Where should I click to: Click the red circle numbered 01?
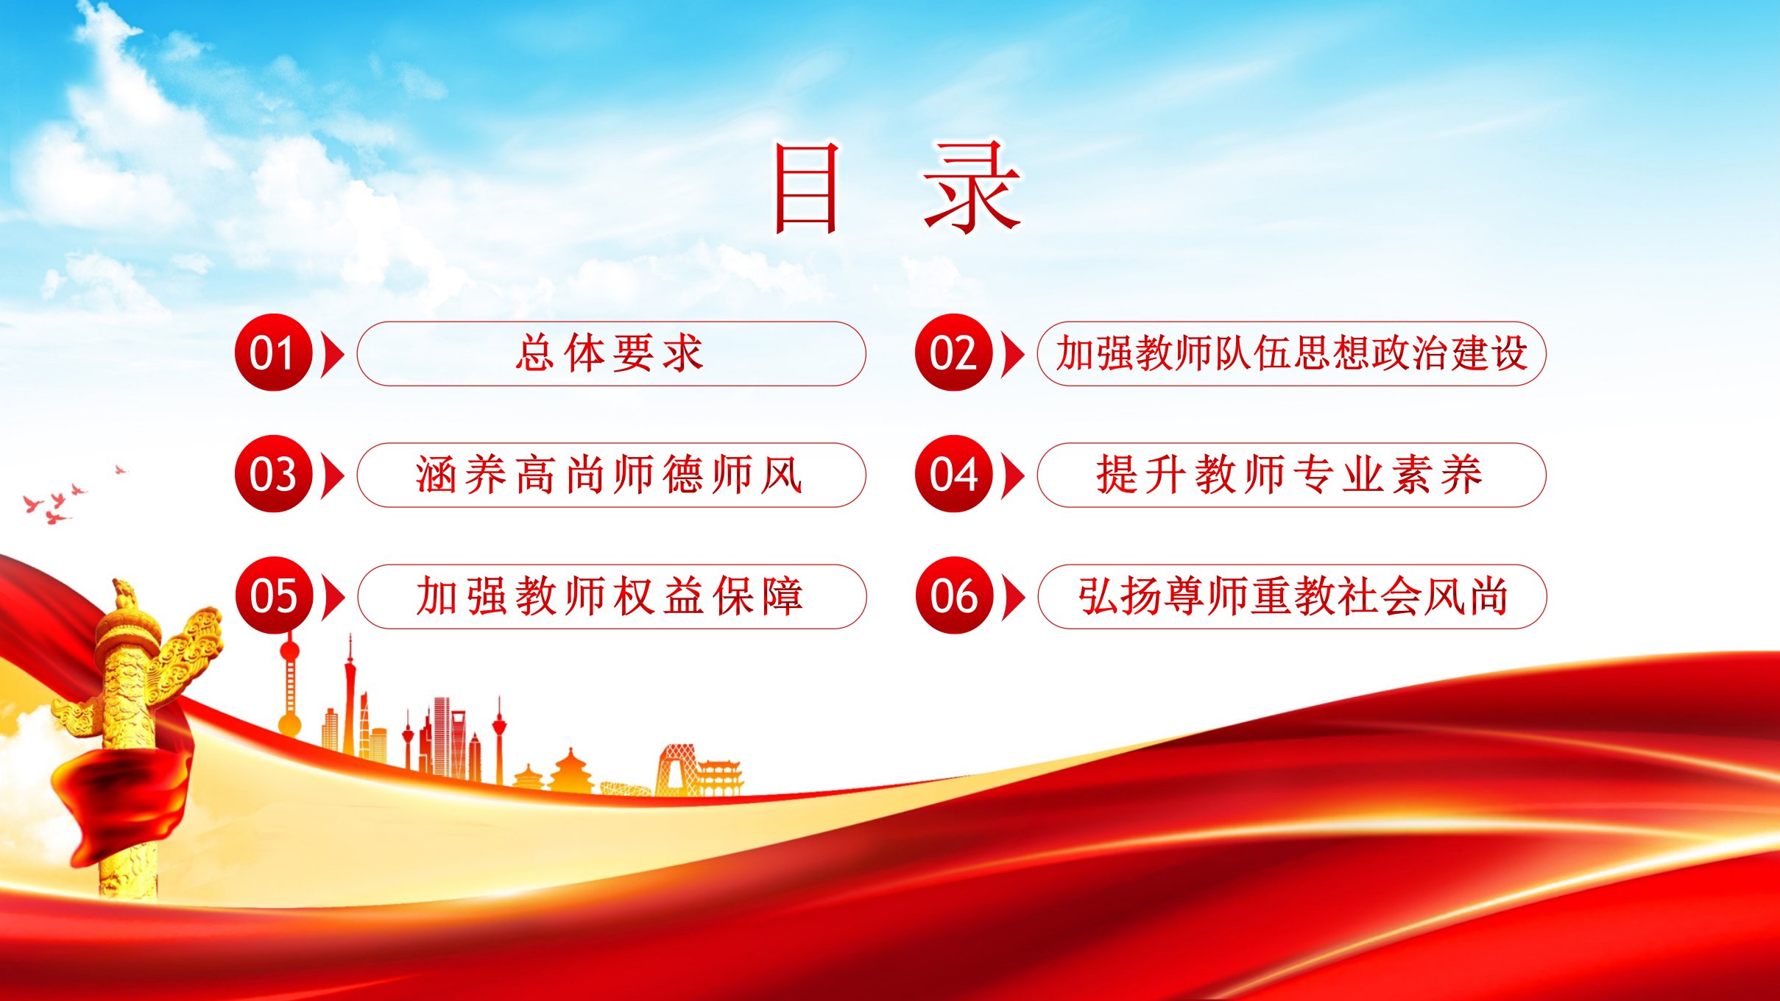(274, 353)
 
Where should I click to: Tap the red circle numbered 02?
(954, 353)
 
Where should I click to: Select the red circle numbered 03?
(274, 474)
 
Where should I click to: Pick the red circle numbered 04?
(954, 474)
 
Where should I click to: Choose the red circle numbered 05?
(274, 595)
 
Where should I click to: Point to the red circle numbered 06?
(954, 595)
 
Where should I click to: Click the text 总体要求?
(610, 353)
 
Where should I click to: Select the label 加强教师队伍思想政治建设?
(1292, 353)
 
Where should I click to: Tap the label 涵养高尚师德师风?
(610, 475)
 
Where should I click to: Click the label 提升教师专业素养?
(1290, 475)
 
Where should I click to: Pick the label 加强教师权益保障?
(610, 596)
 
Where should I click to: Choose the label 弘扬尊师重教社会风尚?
(1293, 596)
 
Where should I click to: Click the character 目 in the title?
(806, 188)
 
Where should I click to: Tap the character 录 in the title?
(972, 188)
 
